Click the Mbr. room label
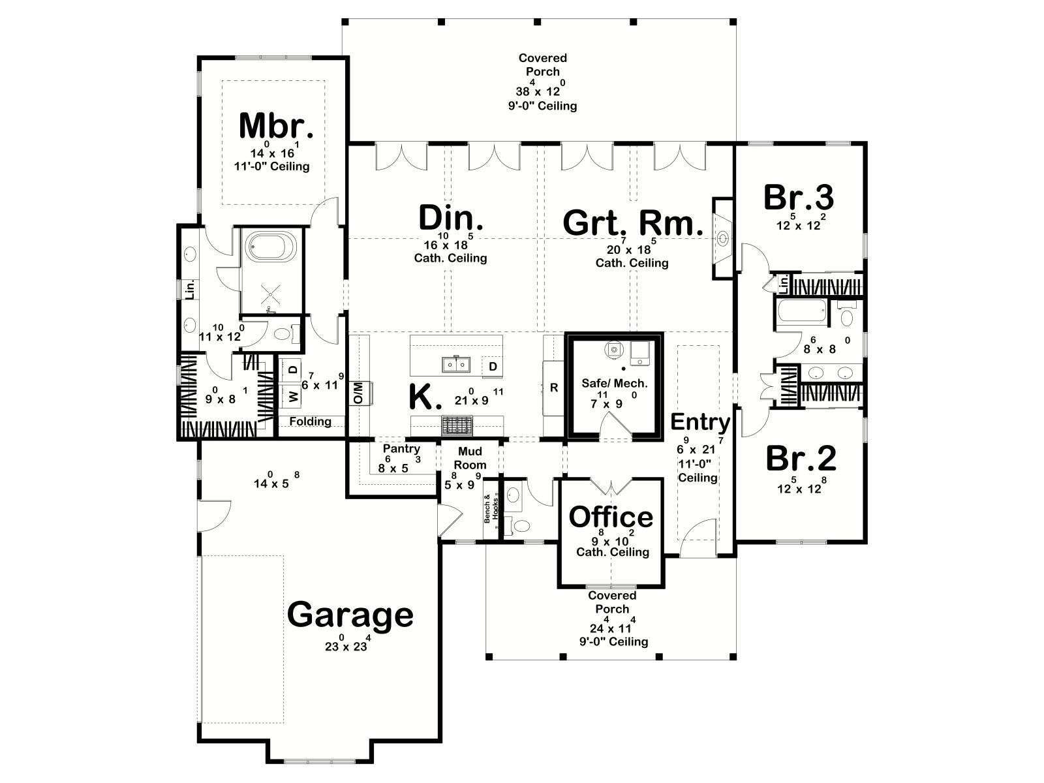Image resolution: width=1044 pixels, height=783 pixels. pyautogui.click(x=276, y=126)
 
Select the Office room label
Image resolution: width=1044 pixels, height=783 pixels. pyautogui.click(x=611, y=517)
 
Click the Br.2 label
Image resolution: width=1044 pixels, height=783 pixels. pyautogui.click(x=801, y=459)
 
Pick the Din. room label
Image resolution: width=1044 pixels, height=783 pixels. pyautogui.click(x=451, y=218)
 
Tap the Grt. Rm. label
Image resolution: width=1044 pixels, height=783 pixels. pyautogui.click(x=633, y=223)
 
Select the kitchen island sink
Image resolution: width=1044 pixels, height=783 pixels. pyautogui.click(x=456, y=364)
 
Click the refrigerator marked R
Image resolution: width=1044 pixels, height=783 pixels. pyautogui.click(x=553, y=388)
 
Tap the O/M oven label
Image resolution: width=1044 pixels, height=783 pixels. pyautogui.click(x=359, y=393)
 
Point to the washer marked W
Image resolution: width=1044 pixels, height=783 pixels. pyautogui.click(x=293, y=395)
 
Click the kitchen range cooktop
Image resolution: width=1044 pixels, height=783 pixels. pyautogui.click(x=456, y=425)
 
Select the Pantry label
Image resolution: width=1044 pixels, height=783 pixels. pyautogui.click(x=401, y=448)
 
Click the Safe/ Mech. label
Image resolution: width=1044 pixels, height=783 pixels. pyautogui.click(x=615, y=383)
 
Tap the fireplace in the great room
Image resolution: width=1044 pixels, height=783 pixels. pyautogui.click(x=723, y=238)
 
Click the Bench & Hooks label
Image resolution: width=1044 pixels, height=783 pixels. pyautogui.click(x=491, y=510)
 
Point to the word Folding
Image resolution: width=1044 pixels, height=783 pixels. pyautogui.click(x=310, y=422)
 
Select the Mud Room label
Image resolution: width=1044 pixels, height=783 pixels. pyautogui.click(x=470, y=458)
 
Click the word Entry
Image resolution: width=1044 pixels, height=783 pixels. pyautogui.click(x=699, y=422)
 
